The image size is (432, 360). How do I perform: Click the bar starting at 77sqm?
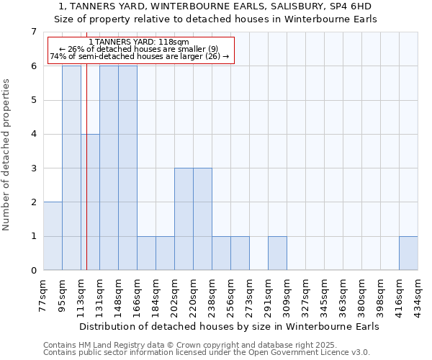(x=53, y=236)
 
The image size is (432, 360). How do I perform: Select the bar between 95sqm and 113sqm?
(x=71, y=168)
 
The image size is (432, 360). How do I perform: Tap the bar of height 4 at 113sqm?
(x=90, y=202)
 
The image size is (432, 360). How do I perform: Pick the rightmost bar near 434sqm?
(x=408, y=253)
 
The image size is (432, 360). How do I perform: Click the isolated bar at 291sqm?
(x=277, y=253)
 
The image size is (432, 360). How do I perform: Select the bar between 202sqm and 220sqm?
(x=184, y=219)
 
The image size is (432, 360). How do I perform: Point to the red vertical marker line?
(x=86, y=180)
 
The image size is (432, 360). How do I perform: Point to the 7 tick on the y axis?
(x=33, y=32)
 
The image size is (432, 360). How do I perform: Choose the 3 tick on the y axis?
(x=33, y=168)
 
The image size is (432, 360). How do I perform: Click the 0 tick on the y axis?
(x=33, y=271)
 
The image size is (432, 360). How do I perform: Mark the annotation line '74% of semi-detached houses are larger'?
(x=139, y=56)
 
